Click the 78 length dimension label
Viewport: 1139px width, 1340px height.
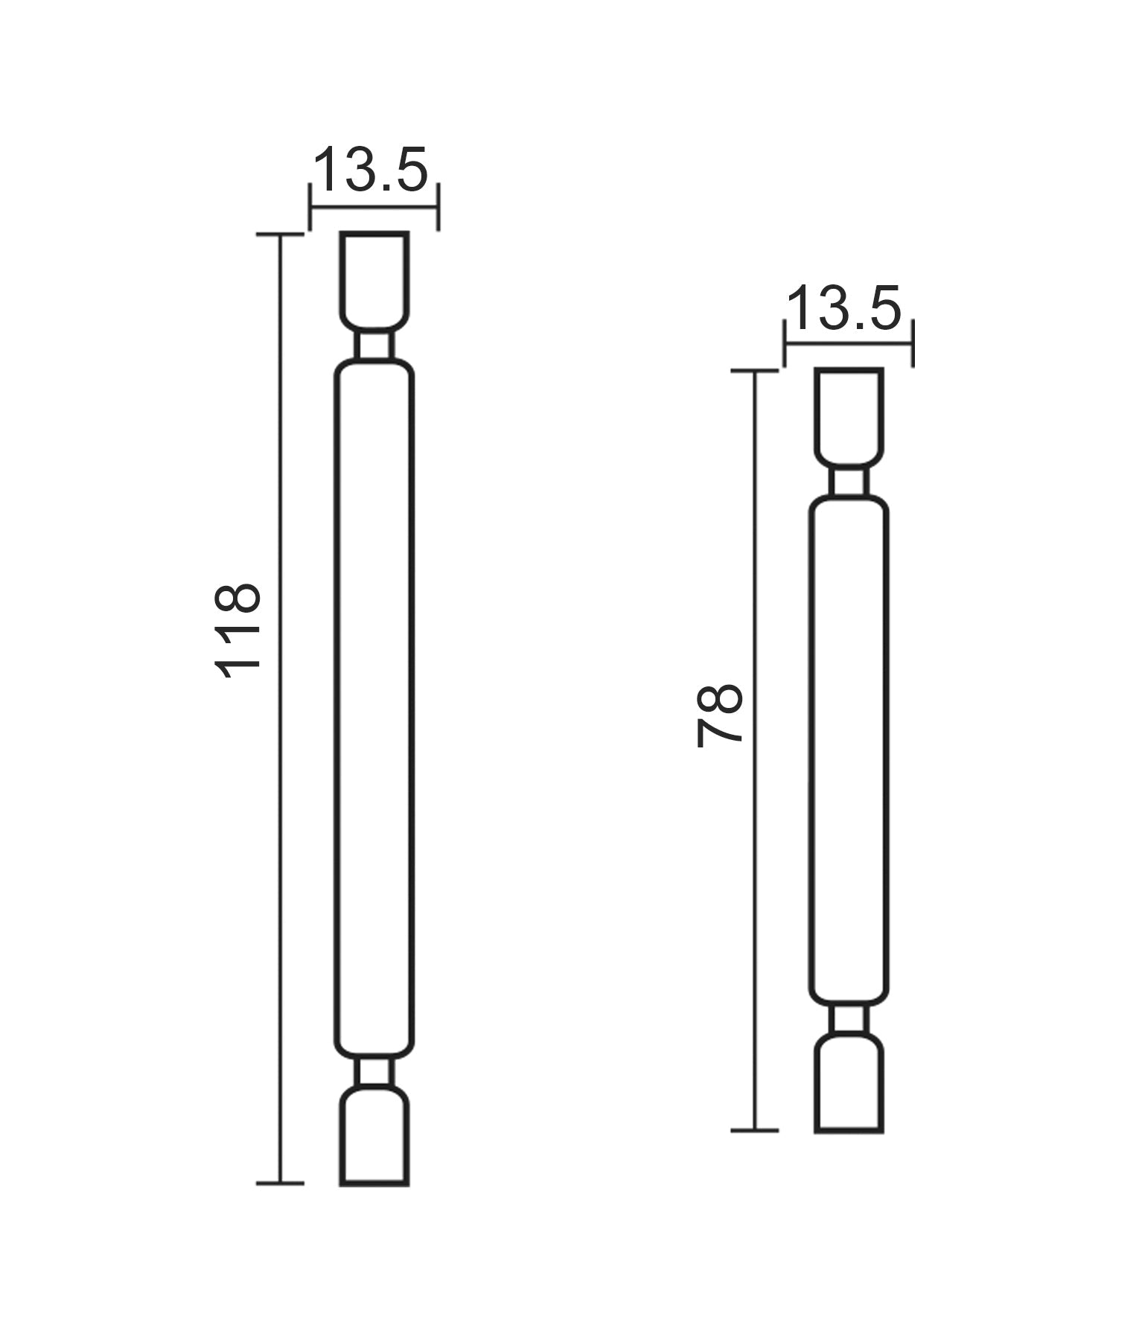point(720,715)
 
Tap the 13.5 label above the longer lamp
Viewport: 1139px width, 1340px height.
point(371,170)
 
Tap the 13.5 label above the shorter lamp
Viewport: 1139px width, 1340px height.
point(843,308)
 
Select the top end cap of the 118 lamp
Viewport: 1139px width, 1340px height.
point(374,279)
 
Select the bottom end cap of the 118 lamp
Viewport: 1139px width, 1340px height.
point(374,1135)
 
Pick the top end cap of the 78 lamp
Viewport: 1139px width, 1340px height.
point(849,415)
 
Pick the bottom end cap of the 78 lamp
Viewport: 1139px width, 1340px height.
point(849,1082)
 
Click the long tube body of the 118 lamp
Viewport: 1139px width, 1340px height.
point(374,707)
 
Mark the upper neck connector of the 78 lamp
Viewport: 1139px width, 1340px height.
point(849,482)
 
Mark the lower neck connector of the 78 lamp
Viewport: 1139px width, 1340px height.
point(849,1018)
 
